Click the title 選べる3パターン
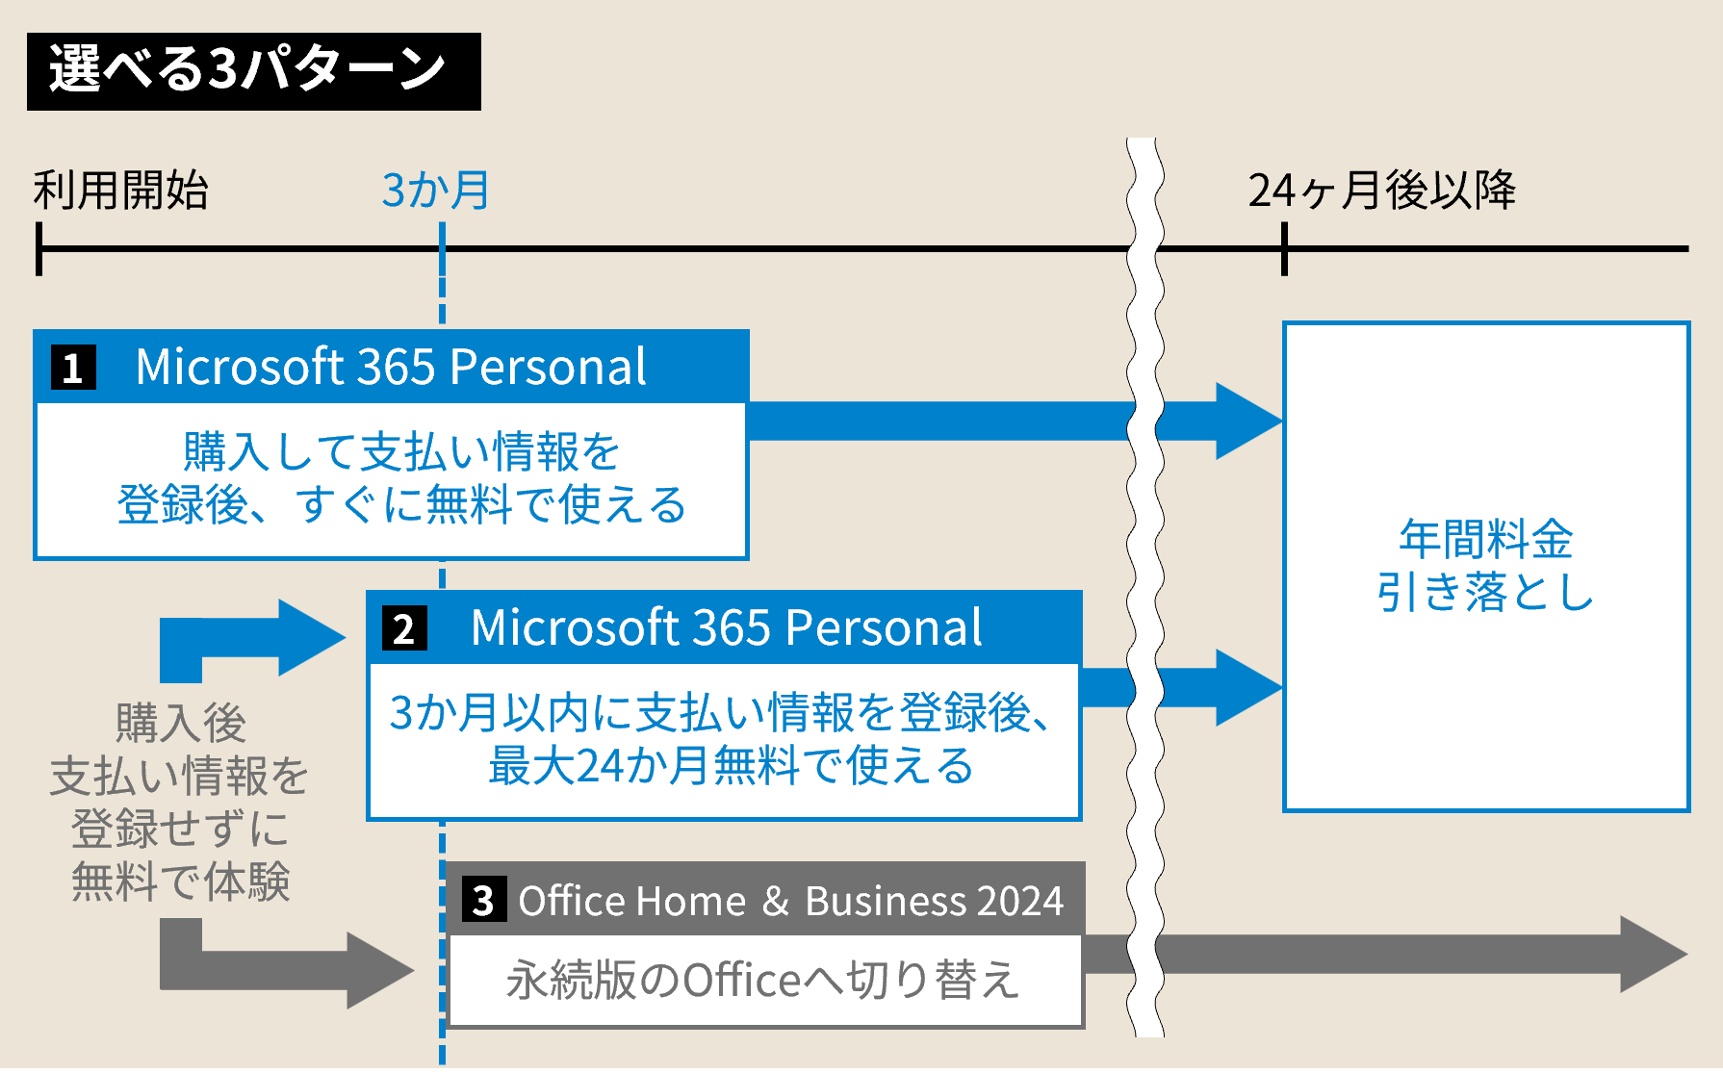click(x=248, y=70)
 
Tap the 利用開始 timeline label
click(x=120, y=190)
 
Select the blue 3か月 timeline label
click(x=436, y=190)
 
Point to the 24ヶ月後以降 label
click(x=1381, y=190)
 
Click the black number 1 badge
click(x=73, y=368)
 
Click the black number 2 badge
click(x=404, y=628)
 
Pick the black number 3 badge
click(x=483, y=901)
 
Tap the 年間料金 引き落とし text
click(x=1485, y=566)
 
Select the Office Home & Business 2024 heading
click(x=790, y=901)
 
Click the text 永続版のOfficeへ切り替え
click(x=762, y=980)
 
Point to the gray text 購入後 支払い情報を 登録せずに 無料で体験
click(x=180, y=802)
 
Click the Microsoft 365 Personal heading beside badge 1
click(x=391, y=367)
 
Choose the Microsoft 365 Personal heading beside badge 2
click(x=726, y=627)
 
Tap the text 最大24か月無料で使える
click(x=731, y=766)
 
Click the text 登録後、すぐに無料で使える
click(x=401, y=504)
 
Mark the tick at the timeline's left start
click(x=39, y=249)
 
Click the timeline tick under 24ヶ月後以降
click(x=1284, y=249)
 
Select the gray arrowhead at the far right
click(x=1651, y=955)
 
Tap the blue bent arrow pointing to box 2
click(x=260, y=637)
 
